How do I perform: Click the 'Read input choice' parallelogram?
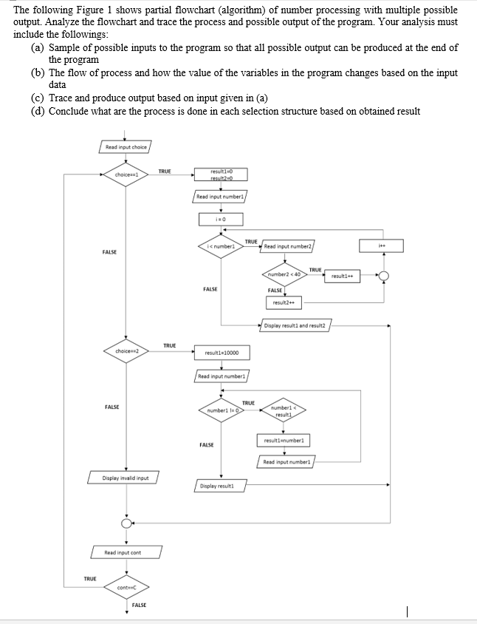pyautogui.click(x=126, y=147)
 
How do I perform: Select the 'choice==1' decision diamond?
pyautogui.click(x=126, y=174)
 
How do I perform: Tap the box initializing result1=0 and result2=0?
pyautogui.click(x=222, y=174)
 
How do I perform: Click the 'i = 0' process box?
pyautogui.click(x=222, y=219)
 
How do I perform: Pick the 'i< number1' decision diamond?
pyautogui.click(x=222, y=245)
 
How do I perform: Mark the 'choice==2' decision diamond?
pyautogui.click(x=126, y=351)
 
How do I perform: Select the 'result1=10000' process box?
pyautogui.click(x=222, y=352)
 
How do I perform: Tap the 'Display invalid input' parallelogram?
pyautogui.click(x=126, y=478)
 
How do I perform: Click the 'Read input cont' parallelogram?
pyautogui.click(x=126, y=552)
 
